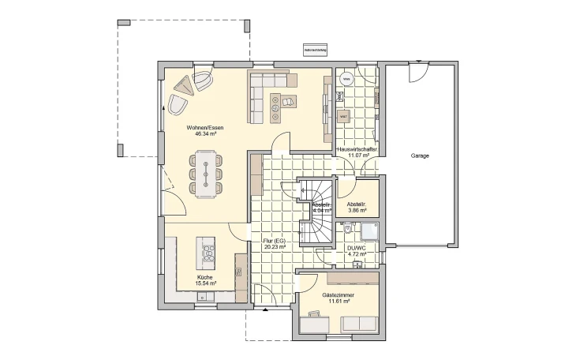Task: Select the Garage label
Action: (420, 156)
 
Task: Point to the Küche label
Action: (204, 278)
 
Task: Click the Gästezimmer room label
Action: (338, 294)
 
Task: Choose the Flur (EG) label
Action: (274, 240)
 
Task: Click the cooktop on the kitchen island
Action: (210, 253)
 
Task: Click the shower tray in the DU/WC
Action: (369, 231)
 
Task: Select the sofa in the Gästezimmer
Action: (358, 323)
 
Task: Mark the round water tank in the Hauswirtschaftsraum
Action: (346, 78)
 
